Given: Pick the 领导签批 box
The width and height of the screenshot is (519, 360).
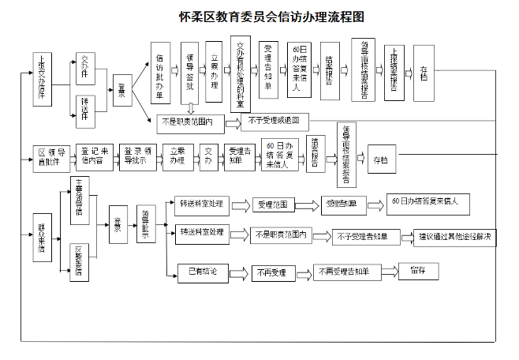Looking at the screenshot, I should coord(189,76).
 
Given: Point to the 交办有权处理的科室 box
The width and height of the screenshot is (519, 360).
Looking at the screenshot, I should coord(241,75).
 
